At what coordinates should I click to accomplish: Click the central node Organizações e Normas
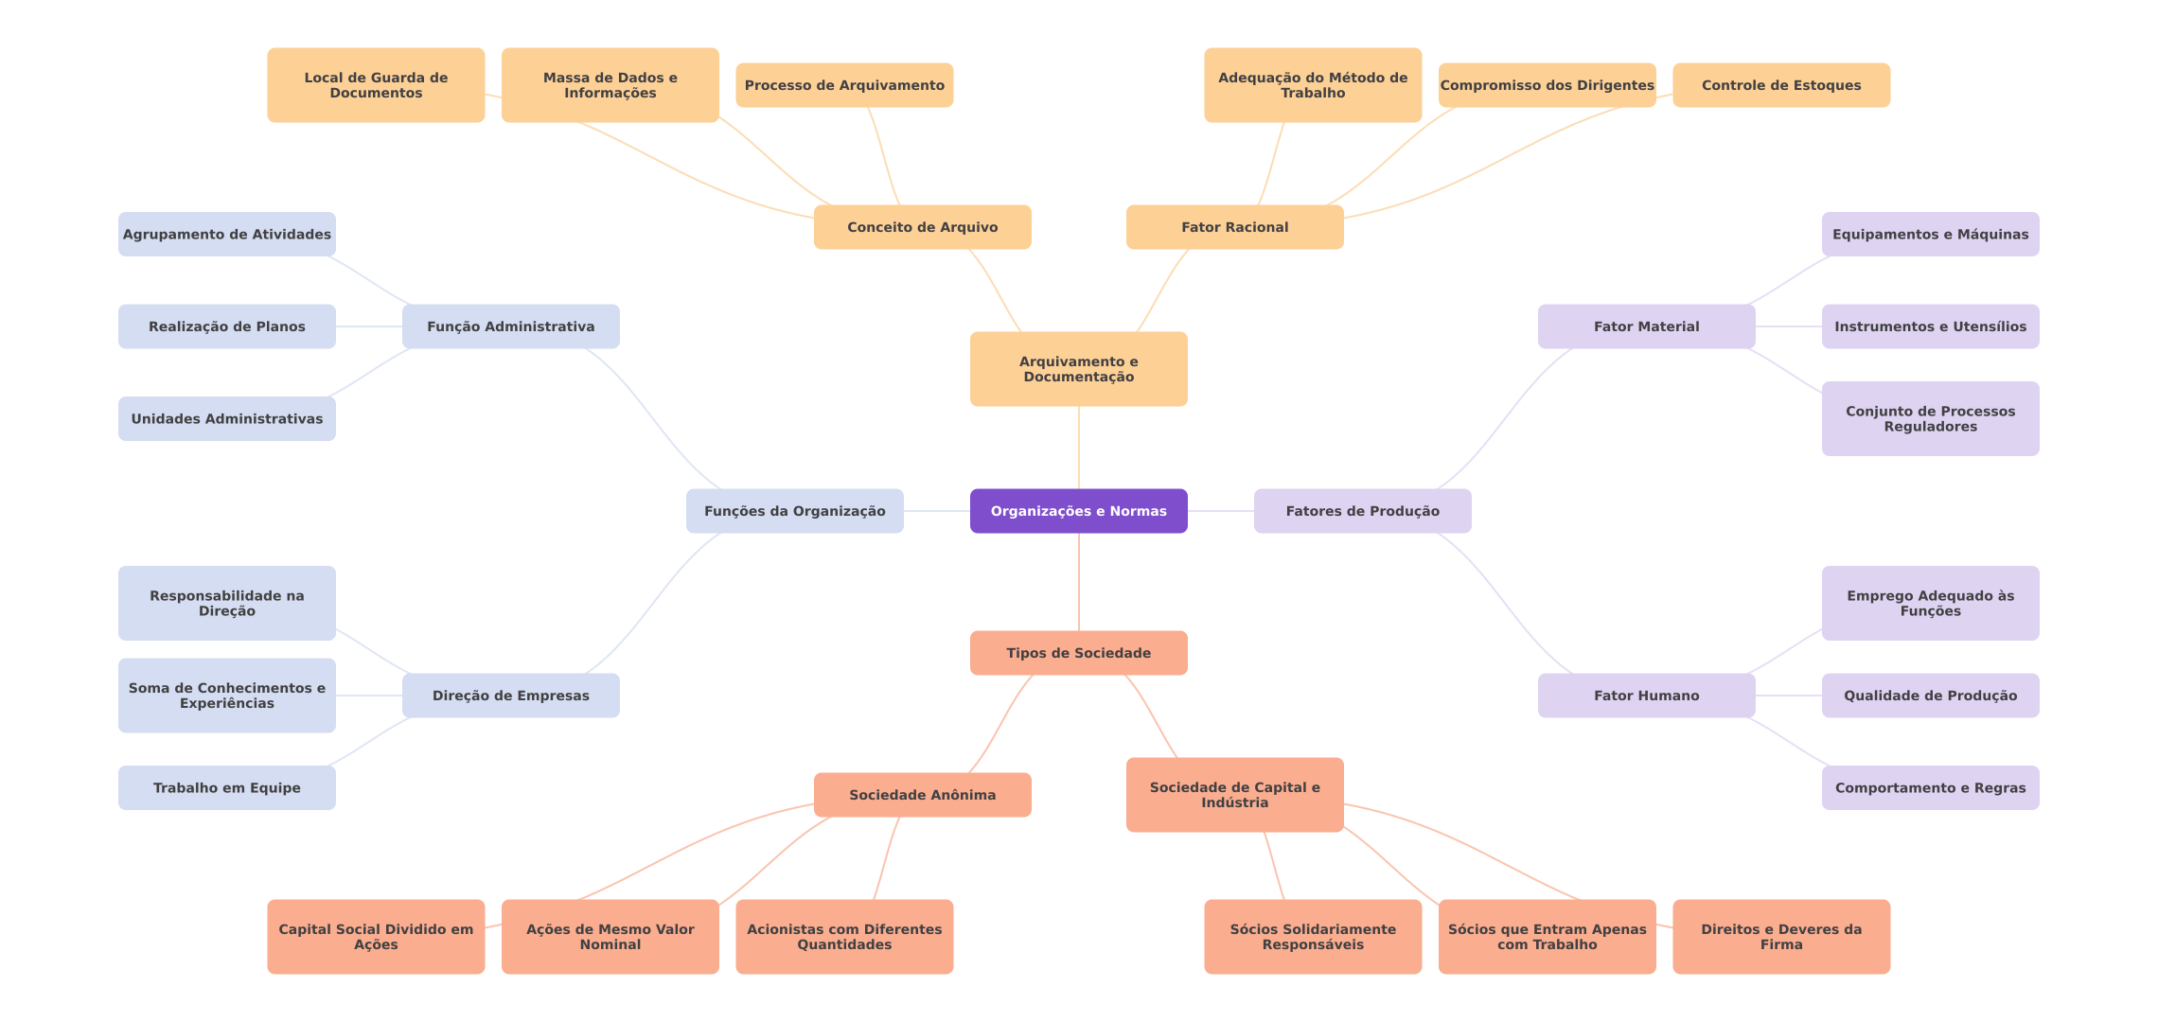(1078, 511)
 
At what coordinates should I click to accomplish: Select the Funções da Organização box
(794, 511)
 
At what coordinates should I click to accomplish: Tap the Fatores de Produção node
(1362, 511)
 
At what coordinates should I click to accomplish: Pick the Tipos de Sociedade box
(1078, 653)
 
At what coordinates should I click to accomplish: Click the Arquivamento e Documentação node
(1078, 369)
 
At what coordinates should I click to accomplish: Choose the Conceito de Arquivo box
(922, 227)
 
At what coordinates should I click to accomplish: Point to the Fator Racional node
(1234, 227)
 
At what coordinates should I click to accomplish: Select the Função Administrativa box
(510, 326)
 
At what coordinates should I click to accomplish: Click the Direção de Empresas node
(510, 696)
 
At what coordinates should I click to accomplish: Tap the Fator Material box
(1646, 326)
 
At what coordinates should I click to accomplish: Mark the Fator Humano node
(1646, 696)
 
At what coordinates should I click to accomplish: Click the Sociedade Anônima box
(922, 795)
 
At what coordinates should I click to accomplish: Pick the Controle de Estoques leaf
(1780, 85)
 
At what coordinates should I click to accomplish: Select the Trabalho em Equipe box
(226, 787)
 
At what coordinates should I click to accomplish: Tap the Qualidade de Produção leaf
(1930, 696)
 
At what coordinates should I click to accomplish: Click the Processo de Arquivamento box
(844, 85)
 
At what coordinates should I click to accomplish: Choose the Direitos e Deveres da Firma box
(1780, 937)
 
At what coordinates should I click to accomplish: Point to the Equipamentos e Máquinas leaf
(1930, 234)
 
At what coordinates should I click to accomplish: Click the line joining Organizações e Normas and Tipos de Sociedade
(1079, 582)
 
